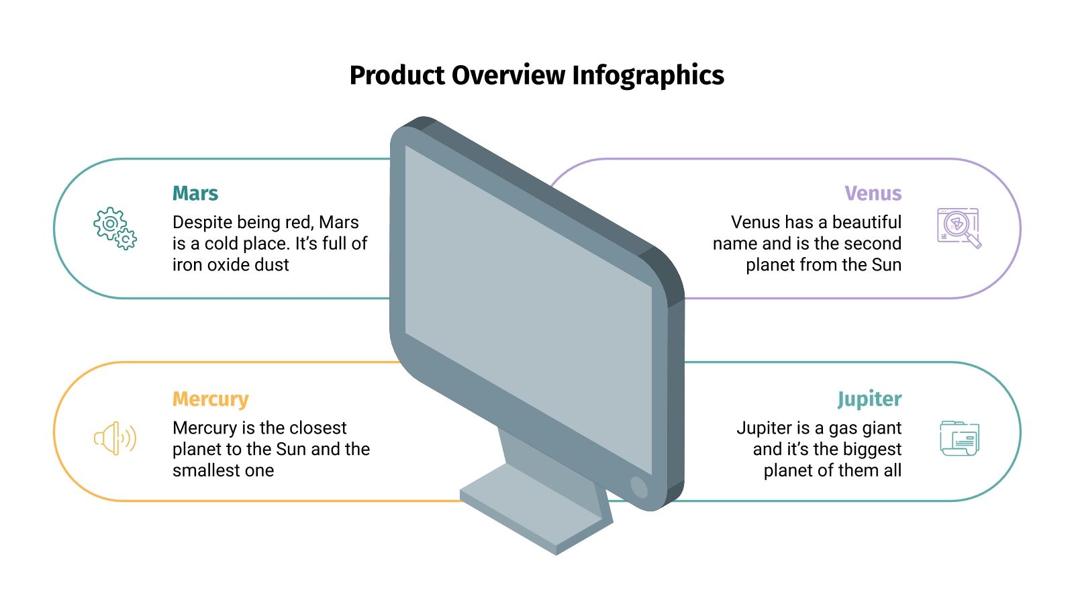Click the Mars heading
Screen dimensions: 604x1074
pyautogui.click(x=195, y=193)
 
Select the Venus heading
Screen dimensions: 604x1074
pyautogui.click(x=873, y=193)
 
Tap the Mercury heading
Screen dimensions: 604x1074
pyautogui.click(x=210, y=399)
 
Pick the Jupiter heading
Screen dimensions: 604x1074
pyautogui.click(x=869, y=399)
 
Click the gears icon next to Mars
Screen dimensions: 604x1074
pyautogui.click(x=115, y=228)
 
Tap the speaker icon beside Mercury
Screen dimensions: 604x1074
pyautogui.click(x=115, y=438)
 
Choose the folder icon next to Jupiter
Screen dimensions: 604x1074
pyautogui.click(x=959, y=438)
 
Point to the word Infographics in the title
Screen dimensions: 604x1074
pyautogui.click(x=648, y=75)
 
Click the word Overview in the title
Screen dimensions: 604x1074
pyautogui.click(x=508, y=75)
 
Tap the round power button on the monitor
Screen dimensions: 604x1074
pyautogui.click(x=639, y=487)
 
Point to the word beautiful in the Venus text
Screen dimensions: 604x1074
pyautogui.click(x=867, y=222)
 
